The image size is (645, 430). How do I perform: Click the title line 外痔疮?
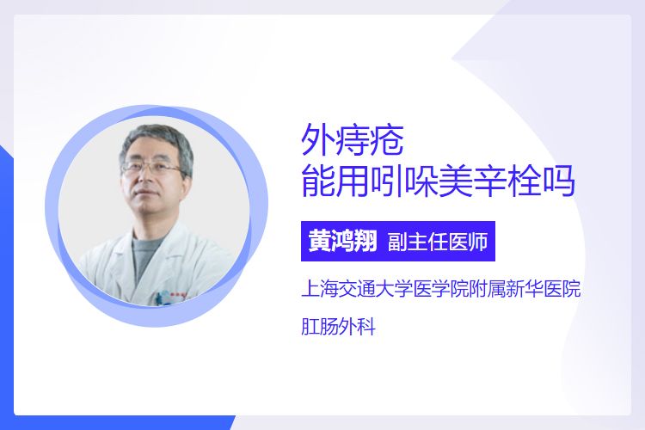[353, 140]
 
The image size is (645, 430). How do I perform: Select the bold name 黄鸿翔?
[342, 241]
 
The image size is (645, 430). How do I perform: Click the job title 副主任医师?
[437, 241]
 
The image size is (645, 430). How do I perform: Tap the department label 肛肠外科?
[338, 327]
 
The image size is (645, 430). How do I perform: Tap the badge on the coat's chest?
[169, 297]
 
